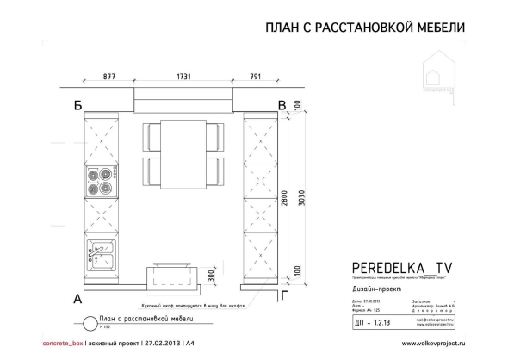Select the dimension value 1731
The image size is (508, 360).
(x=180, y=77)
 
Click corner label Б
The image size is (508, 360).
(x=77, y=107)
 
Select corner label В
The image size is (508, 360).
(x=282, y=106)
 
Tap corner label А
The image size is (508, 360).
(x=77, y=300)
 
